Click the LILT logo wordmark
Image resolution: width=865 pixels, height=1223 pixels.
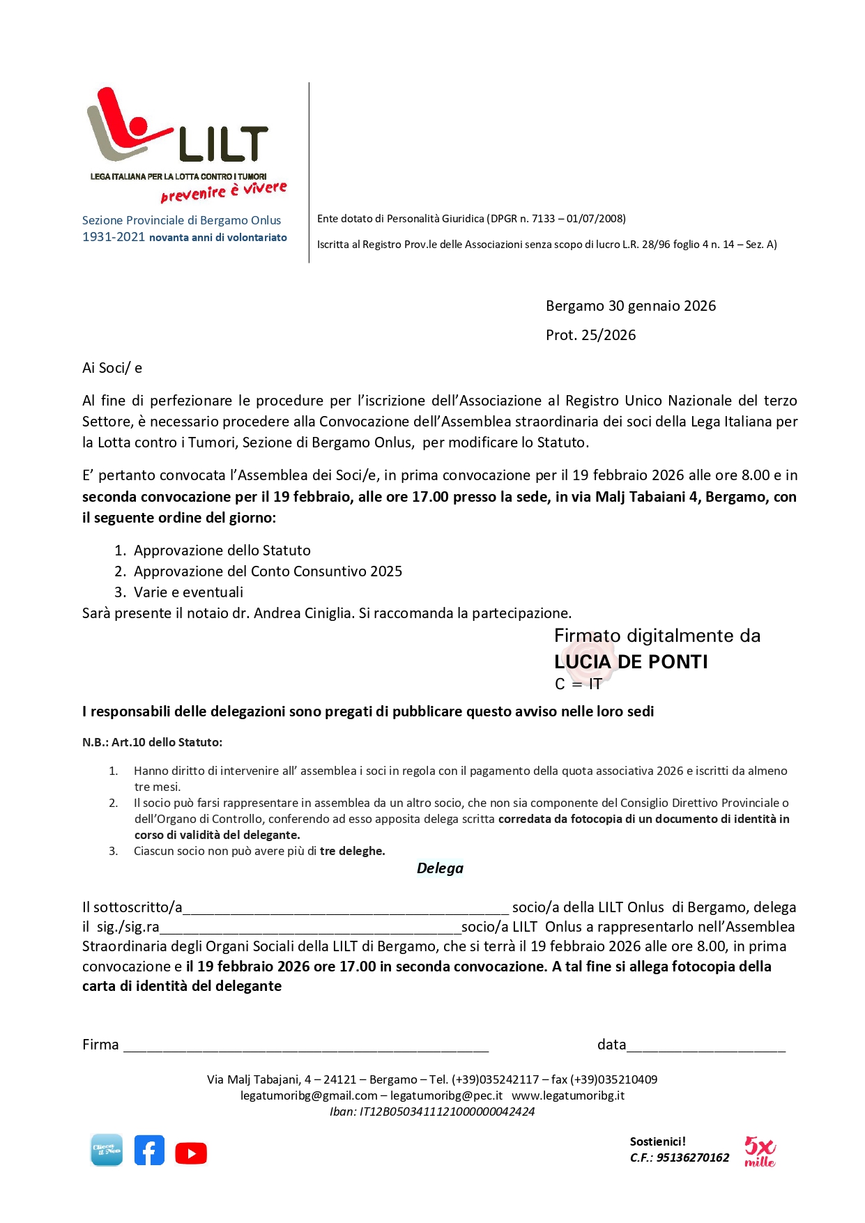pos(223,144)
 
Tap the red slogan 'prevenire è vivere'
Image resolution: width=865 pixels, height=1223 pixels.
pos(224,191)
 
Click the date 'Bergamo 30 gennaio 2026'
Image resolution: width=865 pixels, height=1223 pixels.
pos(630,306)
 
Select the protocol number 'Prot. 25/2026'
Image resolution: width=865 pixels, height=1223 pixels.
pos(590,335)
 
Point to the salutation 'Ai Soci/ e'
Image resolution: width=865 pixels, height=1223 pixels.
pos(112,368)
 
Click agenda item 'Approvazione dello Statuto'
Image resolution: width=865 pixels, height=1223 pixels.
pos(222,551)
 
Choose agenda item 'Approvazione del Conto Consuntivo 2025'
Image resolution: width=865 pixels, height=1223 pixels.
pos(268,571)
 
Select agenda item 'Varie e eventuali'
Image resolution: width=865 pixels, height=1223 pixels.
pos(188,592)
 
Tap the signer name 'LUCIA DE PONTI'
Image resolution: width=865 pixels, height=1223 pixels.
pos(631,661)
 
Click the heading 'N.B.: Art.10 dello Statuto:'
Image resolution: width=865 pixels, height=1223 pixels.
pos(152,742)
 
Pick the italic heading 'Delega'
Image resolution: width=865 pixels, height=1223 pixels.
pos(440,868)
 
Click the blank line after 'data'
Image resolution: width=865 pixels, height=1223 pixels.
pos(705,1046)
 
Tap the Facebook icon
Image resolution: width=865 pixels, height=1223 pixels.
pos(149,1151)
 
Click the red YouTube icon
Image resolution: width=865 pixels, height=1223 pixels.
pos(191,1153)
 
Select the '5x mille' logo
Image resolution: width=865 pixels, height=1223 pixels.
pos(759,1151)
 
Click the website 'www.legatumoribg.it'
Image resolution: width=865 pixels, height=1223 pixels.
pos(567,1095)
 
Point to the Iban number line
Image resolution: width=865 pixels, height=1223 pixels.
pos(432,1112)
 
